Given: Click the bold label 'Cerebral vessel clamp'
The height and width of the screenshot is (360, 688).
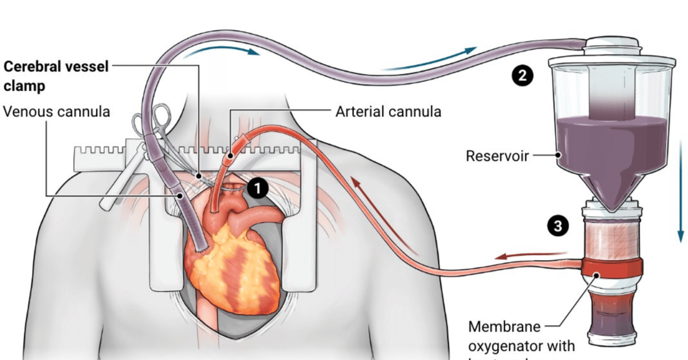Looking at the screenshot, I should [56, 76].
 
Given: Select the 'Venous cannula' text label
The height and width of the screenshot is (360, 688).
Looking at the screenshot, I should [56, 112].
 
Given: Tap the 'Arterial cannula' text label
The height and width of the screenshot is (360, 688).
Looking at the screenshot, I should [388, 112].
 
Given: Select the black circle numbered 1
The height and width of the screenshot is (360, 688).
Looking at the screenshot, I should [258, 189].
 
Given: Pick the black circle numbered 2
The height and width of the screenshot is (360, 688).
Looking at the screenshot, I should [522, 76].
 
